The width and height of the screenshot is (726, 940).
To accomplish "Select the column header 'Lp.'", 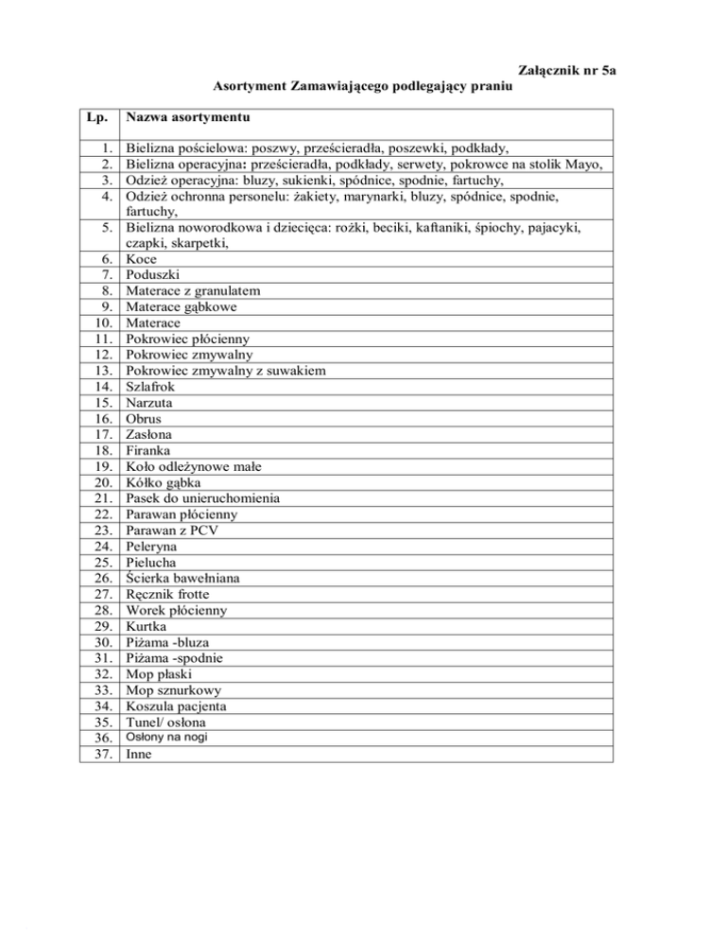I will pos(98,118).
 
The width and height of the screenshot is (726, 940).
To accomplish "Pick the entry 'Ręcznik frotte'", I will pos(167,595).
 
